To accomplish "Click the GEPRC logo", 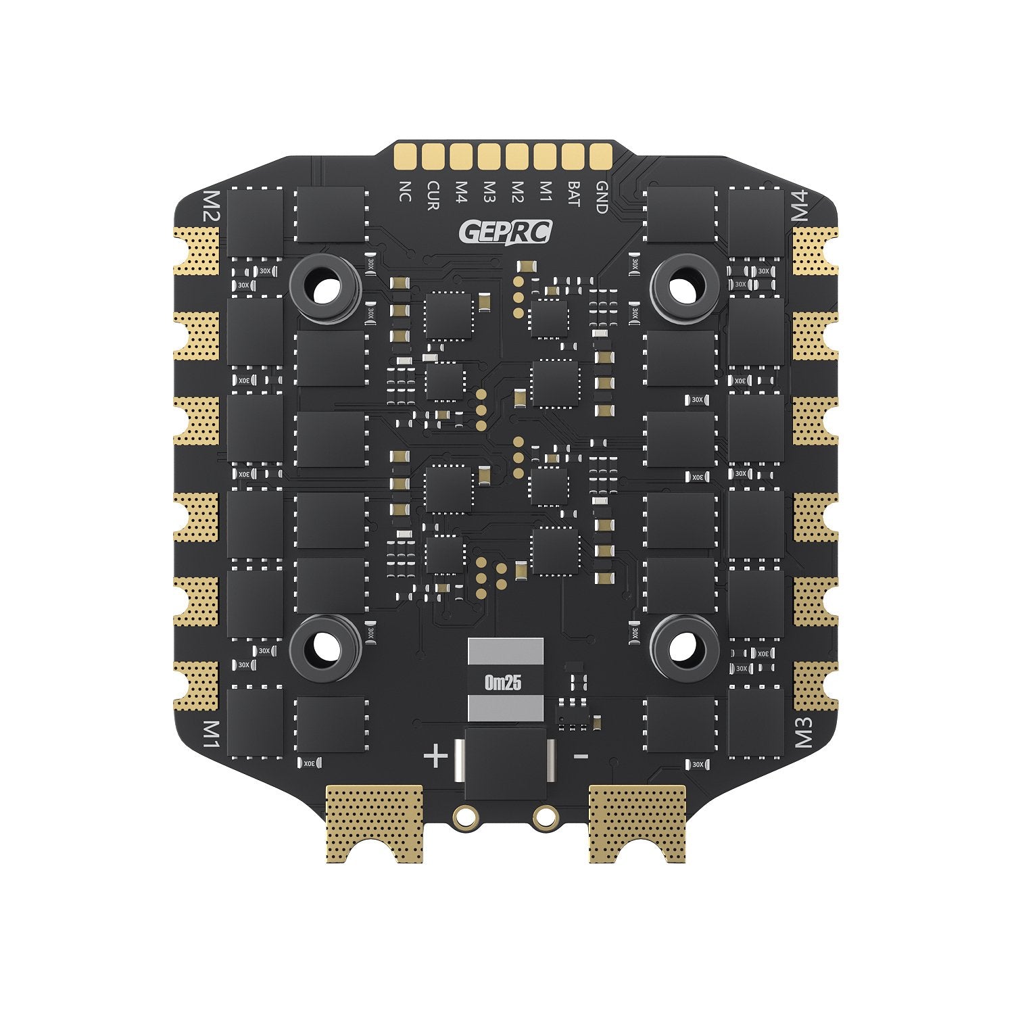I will click(505, 232).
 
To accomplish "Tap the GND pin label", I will click(600, 197).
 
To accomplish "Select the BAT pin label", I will click(573, 194).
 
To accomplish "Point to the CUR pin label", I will click(433, 195).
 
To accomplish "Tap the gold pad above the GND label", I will click(600, 156).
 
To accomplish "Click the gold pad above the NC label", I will click(406, 156).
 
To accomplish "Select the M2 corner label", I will click(211, 207).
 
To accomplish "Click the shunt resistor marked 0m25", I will click(505, 681).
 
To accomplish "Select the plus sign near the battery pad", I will click(436, 755).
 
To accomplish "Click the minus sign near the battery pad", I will click(581, 756).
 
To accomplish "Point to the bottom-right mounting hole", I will click(683, 648).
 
